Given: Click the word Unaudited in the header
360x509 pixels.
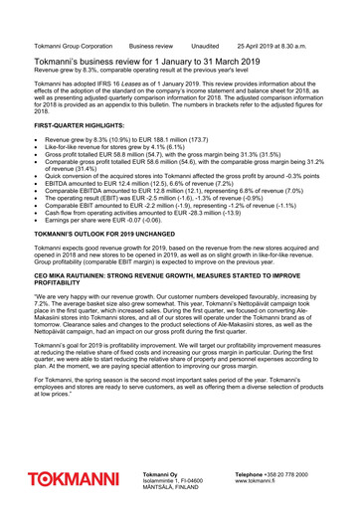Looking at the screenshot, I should (205, 46).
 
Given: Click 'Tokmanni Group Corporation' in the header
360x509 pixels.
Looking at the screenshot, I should (73, 46).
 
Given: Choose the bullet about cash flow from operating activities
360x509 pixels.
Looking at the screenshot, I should (146, 211).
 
